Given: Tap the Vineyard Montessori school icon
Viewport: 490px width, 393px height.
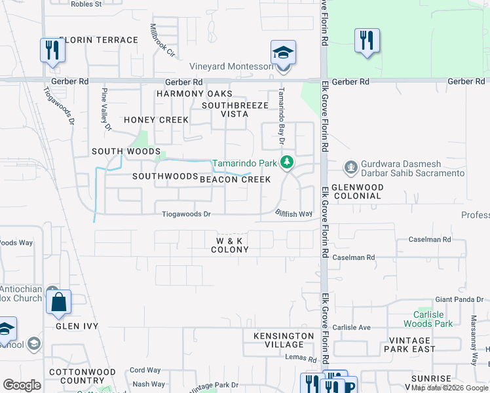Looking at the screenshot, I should click(283, 52).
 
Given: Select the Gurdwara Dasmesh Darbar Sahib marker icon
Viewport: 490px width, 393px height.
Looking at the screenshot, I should click(351, 168).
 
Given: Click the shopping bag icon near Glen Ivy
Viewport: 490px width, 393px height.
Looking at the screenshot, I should click(58, 303).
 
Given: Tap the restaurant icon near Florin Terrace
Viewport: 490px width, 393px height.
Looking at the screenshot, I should click(52, 50).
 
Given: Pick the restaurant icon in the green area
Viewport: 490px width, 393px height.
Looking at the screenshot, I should click(367, 41).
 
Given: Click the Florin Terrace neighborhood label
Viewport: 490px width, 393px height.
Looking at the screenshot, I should click(98, 40).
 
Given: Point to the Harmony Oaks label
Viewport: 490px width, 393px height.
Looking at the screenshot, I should click(195, 94).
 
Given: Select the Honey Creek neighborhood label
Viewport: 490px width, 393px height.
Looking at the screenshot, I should click(156, 120).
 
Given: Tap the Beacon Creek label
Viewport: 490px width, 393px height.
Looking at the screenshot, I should click(235, 179).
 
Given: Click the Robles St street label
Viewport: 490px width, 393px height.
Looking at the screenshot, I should click(88, 3).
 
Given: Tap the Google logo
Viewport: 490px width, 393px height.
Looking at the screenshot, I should click(22, 385).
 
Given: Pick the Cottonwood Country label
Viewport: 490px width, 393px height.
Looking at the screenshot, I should click(83, 376).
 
